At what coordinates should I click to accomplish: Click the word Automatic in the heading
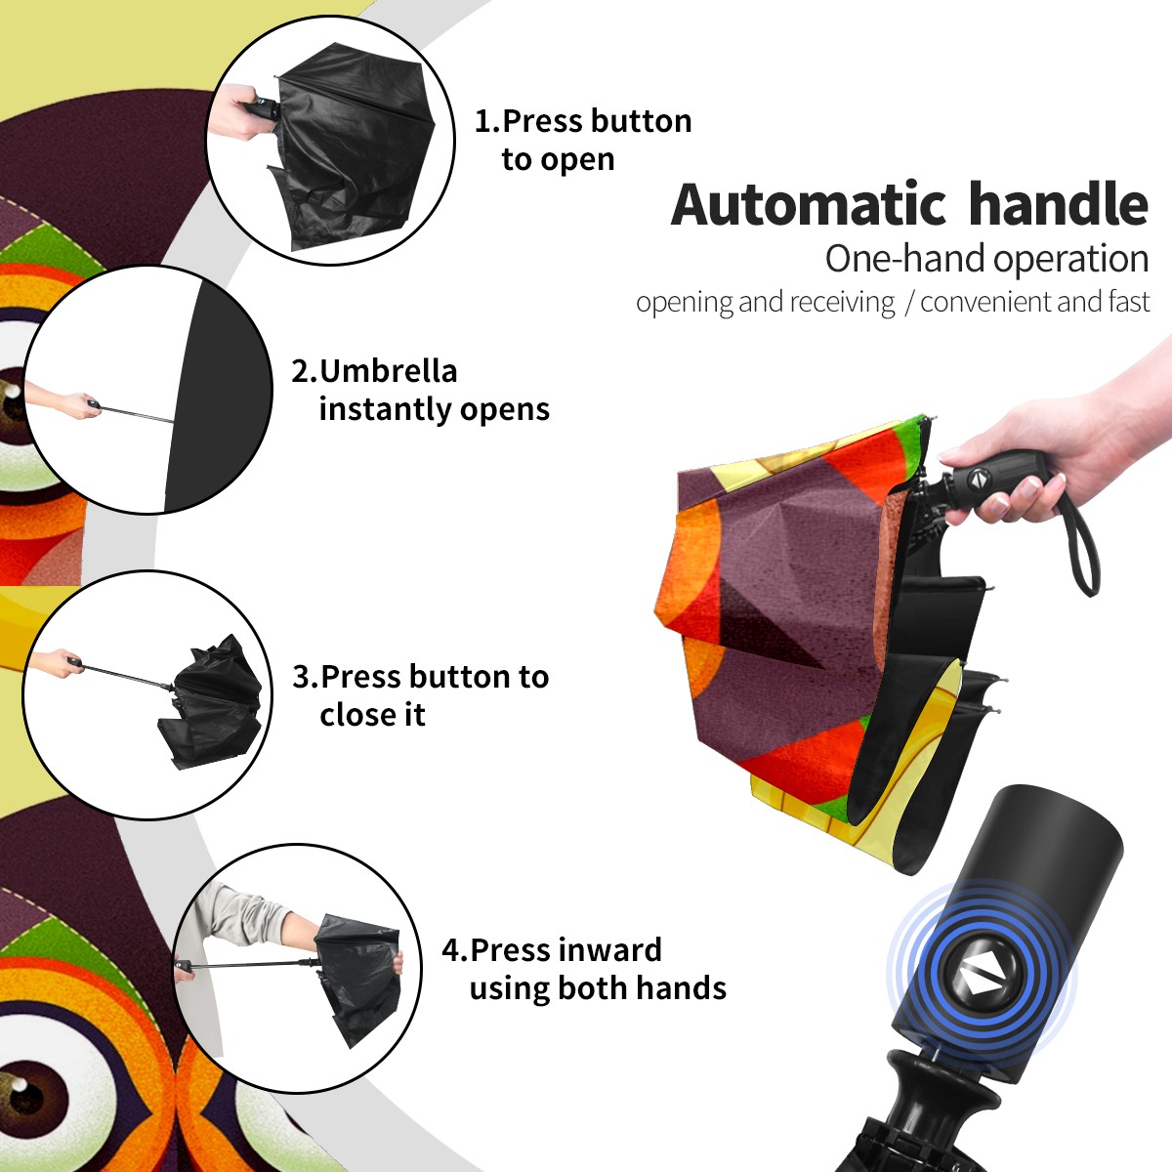tap(809, 205)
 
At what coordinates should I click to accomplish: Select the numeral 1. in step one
tap(487, 121)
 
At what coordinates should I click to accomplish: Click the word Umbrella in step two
tap(389, 371)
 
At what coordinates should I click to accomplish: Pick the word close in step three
tap(356, 714)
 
